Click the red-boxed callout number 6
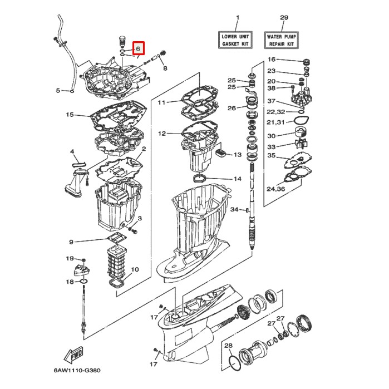[138, 48]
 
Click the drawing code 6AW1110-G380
[77, 370]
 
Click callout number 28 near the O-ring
[228, 346]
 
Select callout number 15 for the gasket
[70, 115]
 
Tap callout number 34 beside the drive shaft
[234, 209]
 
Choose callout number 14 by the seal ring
[237, 179]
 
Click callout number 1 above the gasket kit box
[237, 18]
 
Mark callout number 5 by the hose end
[58, 90]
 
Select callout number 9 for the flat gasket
[71, 242]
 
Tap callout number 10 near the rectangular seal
[135, 269]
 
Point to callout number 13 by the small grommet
[237, 154]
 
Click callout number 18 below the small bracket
[70, 282]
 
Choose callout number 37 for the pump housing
[271, 101]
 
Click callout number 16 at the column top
[271, 60]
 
